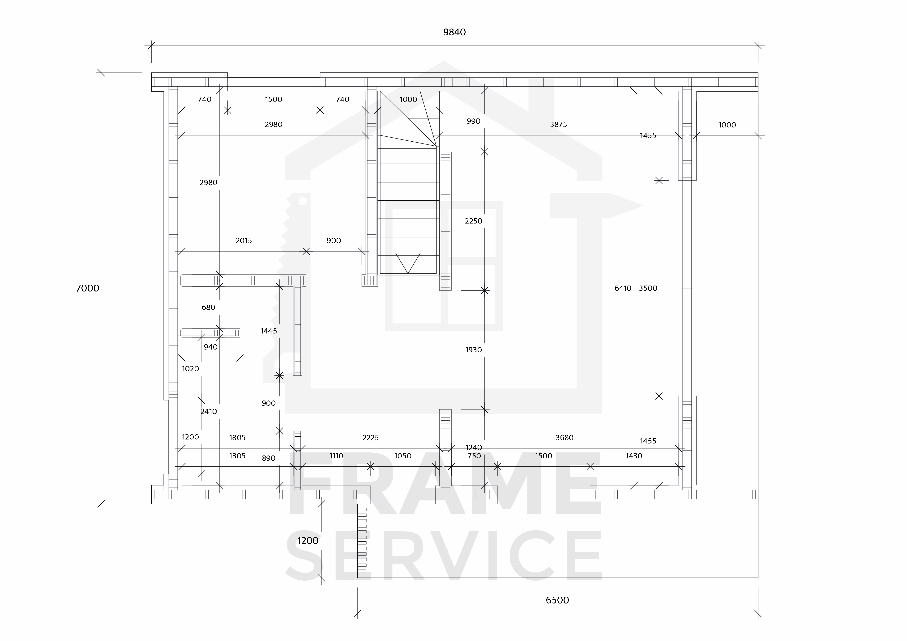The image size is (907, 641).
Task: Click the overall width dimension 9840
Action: [454, 32]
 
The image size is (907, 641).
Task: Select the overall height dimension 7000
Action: [87, 288]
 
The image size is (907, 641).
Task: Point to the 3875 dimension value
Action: [558, 124]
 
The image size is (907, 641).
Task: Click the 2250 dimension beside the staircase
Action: [473, 221]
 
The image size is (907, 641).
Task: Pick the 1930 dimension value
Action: [473, 350]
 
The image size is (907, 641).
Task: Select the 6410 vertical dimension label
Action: [623, 288]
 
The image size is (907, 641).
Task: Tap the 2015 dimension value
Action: [244, 240]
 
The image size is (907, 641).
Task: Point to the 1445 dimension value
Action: [269, 331]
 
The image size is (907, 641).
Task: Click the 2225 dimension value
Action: [371, 437]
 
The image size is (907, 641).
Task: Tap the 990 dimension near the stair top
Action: [473, 121]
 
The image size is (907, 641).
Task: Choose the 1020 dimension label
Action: [190, 369]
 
